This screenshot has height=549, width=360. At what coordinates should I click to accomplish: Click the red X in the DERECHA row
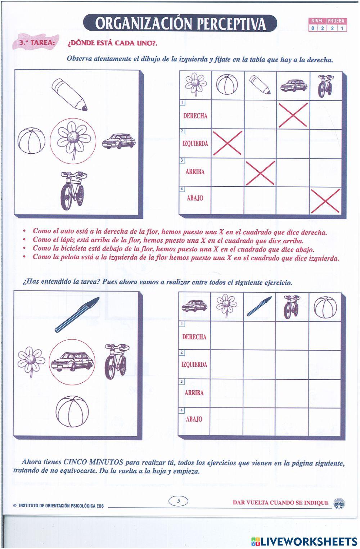point(293,115)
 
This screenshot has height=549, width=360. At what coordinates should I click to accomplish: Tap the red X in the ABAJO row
point(325,201)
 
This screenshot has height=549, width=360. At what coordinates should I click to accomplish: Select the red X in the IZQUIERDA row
point(228,143)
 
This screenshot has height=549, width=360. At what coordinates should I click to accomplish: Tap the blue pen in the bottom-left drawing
point(77,314)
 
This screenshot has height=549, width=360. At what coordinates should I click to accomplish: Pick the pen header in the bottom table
point(259,307)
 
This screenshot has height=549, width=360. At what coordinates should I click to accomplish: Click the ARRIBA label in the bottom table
point(194,393)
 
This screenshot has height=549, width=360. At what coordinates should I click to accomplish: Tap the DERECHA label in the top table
point(195,116)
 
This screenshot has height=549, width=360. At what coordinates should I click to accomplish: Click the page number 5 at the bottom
point(178,501)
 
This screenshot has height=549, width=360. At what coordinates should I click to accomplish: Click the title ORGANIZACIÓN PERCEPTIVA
point(181,23)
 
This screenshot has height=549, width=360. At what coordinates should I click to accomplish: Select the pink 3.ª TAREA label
point(37,42)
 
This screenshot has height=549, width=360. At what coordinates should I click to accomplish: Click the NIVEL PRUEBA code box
point(328,25)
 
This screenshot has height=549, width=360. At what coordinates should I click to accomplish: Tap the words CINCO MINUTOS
point(93,462)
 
